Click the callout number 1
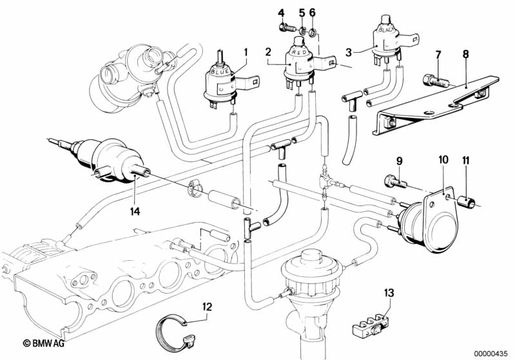click(245, 52)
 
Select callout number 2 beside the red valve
click(267, 51)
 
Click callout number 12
click(206, 307)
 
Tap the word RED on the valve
click(298, 50)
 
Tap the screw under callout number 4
click(284, 27)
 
